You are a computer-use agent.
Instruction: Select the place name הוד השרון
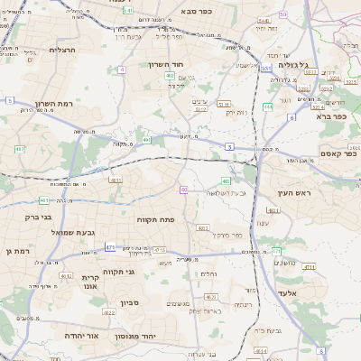(165, 66)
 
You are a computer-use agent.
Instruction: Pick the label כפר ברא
(331, 116)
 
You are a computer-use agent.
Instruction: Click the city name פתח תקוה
(155, 219)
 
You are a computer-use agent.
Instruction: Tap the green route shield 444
(268, 106)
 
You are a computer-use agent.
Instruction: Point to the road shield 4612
(66, 276)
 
